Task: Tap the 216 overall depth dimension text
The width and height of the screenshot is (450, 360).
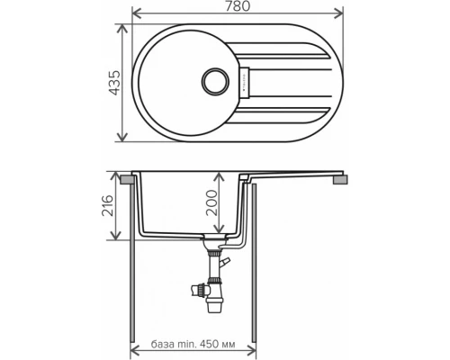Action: click(109, 210)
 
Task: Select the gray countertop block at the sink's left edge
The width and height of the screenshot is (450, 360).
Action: click(130, 180)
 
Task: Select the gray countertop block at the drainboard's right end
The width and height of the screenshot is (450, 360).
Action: click(338, 180)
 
